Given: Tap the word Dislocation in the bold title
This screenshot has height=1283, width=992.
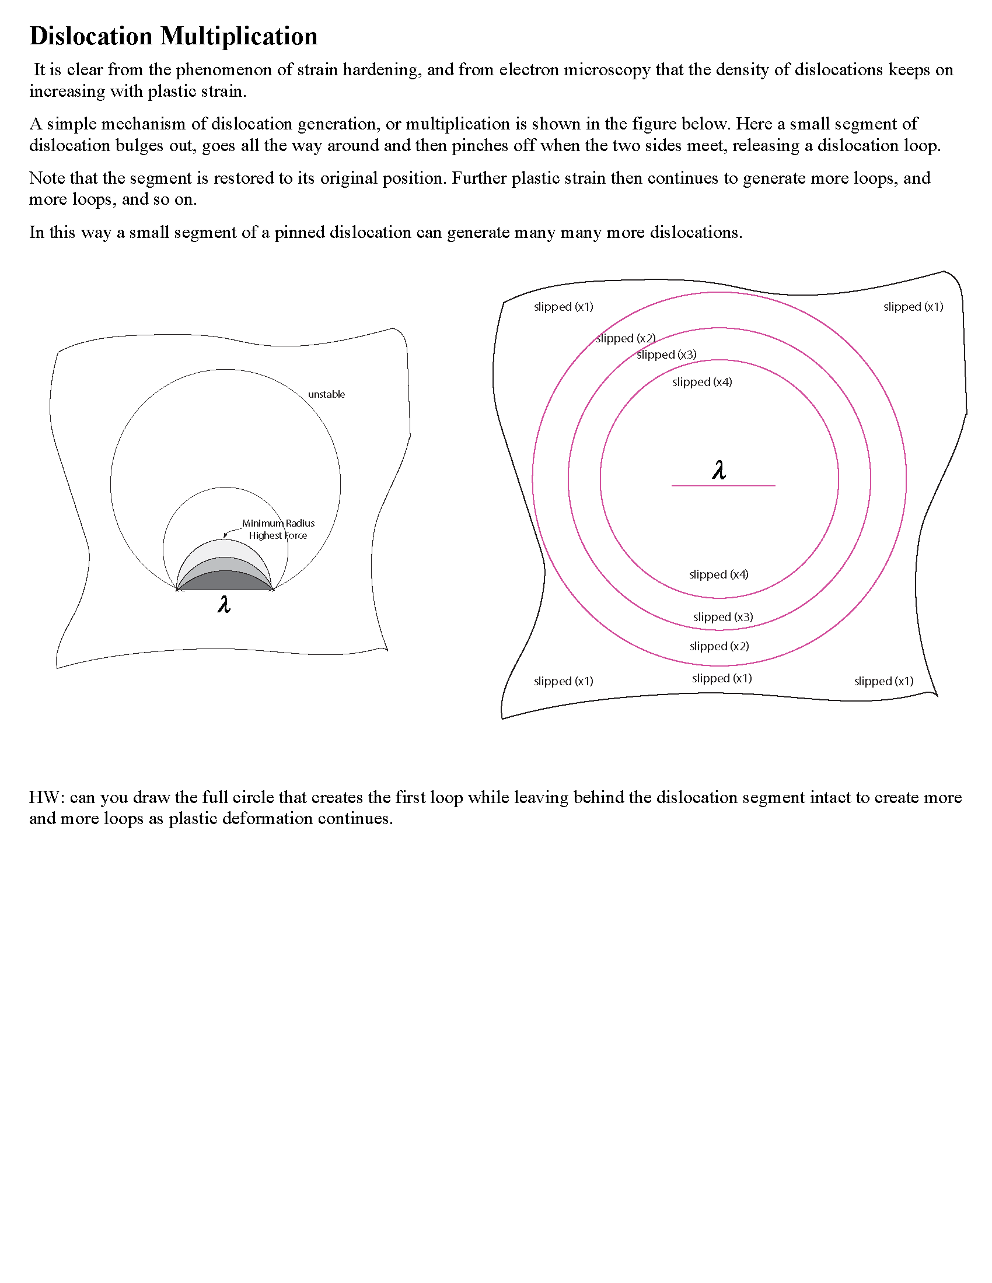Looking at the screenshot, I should [91, 36].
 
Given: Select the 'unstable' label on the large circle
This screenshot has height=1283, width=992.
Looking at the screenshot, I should [326, 394].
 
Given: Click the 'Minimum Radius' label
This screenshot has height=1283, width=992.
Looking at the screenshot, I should [278, 523].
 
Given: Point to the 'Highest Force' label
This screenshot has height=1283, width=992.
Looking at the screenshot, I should [277, 535].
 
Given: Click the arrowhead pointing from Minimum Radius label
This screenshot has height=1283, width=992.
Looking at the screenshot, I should [225, 535].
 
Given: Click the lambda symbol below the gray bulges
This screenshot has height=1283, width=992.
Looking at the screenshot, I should [224, 605].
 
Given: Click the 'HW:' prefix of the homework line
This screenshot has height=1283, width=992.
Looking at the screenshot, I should [47, 797].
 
